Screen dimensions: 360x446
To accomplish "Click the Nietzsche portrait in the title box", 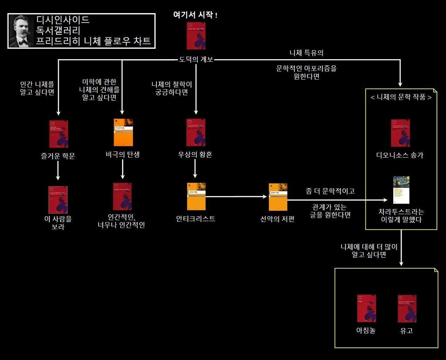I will click(22, 31).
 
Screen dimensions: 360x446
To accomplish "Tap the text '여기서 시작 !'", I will click(196, 15).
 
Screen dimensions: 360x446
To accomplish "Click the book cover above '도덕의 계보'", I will click(196, 36).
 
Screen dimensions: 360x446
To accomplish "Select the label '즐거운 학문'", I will click(57, 156).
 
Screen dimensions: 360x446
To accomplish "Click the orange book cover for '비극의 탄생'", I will click(123, 132).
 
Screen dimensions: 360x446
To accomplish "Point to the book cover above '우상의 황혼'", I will click(196, 132).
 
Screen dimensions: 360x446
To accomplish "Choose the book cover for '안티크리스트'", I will click(196, 197).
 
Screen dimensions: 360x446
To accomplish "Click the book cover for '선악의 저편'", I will click(278, 197).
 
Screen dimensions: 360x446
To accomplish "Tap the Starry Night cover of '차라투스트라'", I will click(401, 190).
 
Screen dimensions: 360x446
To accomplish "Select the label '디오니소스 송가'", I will click(400, 155).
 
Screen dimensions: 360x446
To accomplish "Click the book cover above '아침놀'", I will click(366, 308).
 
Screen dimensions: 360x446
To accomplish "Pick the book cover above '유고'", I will click(407, 308).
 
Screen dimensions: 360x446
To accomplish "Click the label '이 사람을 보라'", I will click(57, 222).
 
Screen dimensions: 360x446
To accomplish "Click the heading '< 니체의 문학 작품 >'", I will click(401, 98).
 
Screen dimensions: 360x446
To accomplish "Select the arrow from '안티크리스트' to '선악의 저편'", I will click(235, 197).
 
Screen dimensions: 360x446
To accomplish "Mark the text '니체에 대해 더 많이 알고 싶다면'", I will click(369, 251).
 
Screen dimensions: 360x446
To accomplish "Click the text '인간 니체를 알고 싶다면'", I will click(37, 88).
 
